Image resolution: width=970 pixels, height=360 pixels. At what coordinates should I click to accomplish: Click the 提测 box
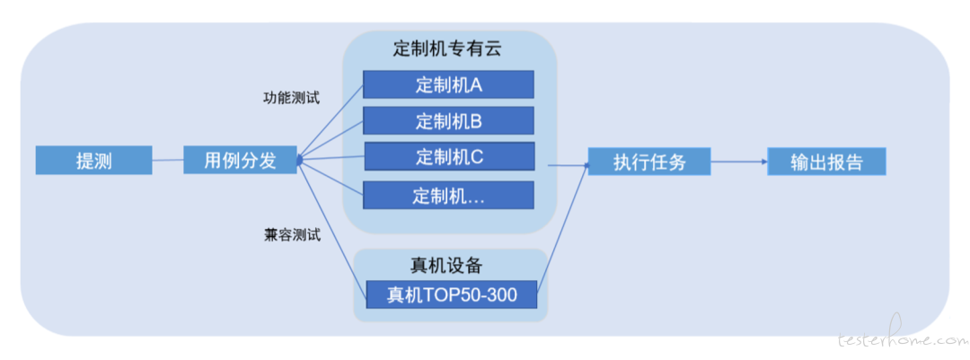click(94, 160)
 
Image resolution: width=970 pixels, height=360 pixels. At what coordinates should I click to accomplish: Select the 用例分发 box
click(240, 160)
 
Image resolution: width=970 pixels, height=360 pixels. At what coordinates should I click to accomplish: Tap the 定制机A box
click(448, 84)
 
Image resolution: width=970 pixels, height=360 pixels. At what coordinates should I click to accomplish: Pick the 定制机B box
click(448, 120)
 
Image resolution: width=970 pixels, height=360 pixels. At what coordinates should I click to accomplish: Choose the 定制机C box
click(449, 156)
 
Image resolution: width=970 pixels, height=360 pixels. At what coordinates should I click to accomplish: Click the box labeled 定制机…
click(448, 195)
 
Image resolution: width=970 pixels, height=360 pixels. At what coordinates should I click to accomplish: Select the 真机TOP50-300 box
click(452, 294)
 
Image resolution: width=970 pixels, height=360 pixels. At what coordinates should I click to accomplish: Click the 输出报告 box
click(826, 162)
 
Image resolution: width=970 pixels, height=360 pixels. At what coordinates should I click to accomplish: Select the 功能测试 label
click(291, 99)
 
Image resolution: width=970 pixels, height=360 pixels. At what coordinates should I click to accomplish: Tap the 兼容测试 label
click(291, 236)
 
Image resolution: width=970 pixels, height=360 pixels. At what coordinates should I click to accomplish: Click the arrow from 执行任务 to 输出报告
click(738, 162)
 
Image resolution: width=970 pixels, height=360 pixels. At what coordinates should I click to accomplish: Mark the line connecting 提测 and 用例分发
click(168, 160)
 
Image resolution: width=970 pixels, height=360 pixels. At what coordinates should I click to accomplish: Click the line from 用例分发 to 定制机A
click(331, 122)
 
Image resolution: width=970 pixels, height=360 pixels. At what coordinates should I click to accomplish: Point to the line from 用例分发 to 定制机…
click(331, 178)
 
